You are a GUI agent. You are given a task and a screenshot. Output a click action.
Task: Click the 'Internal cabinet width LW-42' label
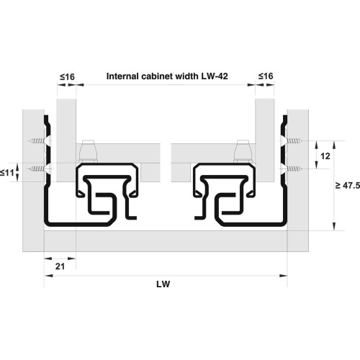click(167, 76)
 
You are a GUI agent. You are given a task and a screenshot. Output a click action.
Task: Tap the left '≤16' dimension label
click(67, 77)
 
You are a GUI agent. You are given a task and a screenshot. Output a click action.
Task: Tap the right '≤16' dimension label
click(266, 76)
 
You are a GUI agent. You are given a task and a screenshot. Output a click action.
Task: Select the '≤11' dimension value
click(7, 173)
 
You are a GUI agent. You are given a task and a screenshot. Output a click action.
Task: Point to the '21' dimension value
click(60, 266)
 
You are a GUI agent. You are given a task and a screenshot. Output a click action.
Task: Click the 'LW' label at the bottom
click(163, 284)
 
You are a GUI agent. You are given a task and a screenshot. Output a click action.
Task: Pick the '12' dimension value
click(325, 156)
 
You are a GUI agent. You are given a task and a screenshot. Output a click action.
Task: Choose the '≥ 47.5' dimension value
click(348, 185)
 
